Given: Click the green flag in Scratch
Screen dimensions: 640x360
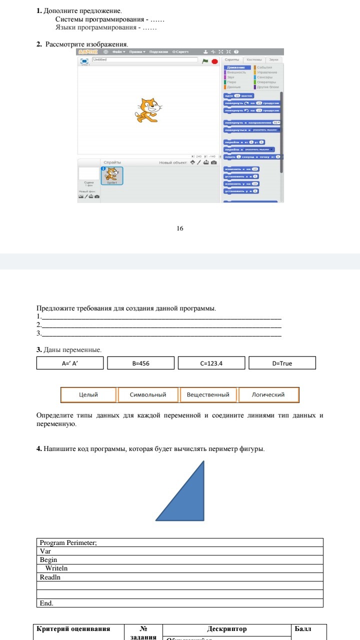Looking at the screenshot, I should pos(205,61).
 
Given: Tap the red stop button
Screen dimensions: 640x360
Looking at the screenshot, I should pos(214,61).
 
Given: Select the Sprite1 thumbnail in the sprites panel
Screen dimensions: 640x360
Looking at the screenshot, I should pos(112,175).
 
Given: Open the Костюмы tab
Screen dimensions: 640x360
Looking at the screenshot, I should pos(254,59).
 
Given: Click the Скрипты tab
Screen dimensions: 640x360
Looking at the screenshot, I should pos(232,59).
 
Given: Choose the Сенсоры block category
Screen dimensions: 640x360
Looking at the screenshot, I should pos(264,77).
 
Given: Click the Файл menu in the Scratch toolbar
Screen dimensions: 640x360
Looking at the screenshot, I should pos(119,52).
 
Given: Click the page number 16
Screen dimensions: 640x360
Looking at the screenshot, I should pos(180,228).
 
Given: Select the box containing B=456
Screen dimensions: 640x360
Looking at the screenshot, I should pos(141,363).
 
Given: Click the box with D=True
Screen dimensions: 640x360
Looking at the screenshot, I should pos(282,363).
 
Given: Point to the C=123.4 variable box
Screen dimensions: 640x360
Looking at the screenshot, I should pos(211,363).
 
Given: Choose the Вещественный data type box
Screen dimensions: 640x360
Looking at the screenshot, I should pos(208,395).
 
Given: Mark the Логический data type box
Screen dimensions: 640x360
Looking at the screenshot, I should pos(268,395).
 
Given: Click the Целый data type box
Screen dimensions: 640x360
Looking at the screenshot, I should pos(88,395).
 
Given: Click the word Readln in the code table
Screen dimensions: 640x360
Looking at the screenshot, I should pos(50,577).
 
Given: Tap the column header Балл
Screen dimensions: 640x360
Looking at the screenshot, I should pos(303,629).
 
